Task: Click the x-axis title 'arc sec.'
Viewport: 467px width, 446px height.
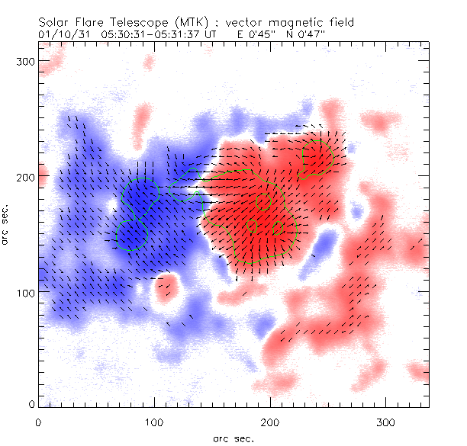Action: coord(233,438)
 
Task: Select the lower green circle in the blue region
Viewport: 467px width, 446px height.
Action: coord(130,234)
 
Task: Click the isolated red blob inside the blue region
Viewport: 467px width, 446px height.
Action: coord(165,287)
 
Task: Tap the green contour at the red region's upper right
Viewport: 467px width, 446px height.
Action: coord(317,158)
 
